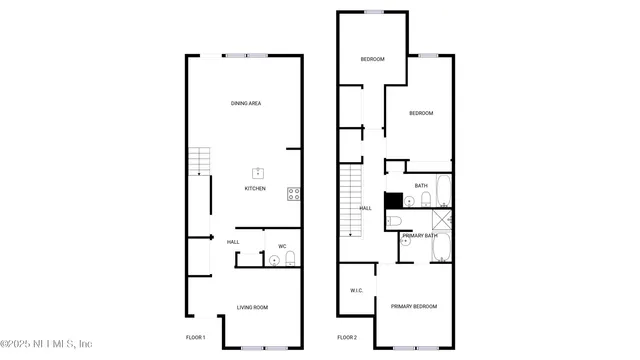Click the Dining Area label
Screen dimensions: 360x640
click(x=246, y=103)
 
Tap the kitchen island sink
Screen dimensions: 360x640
click(x=257, y=173)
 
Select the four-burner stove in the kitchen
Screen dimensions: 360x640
click(x=295, y=193)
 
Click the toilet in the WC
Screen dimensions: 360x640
click(x=290, y=260)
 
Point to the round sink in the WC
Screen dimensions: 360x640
click(x=274, y=260)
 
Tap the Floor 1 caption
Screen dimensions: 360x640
click(x=196, y=337)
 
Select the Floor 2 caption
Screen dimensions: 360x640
click(x=347, y=337)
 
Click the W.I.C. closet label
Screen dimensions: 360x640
click(x=356, y=290)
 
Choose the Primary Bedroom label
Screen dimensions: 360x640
click(x=413, y=306)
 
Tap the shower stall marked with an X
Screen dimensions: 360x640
click(x=441, y=221)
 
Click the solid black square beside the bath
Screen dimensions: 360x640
click(x=393, y=200)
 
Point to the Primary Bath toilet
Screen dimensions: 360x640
click(x=394, y=221)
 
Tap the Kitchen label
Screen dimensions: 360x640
click(x=256, y=188)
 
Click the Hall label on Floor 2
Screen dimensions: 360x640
click(x=365, y=208)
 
